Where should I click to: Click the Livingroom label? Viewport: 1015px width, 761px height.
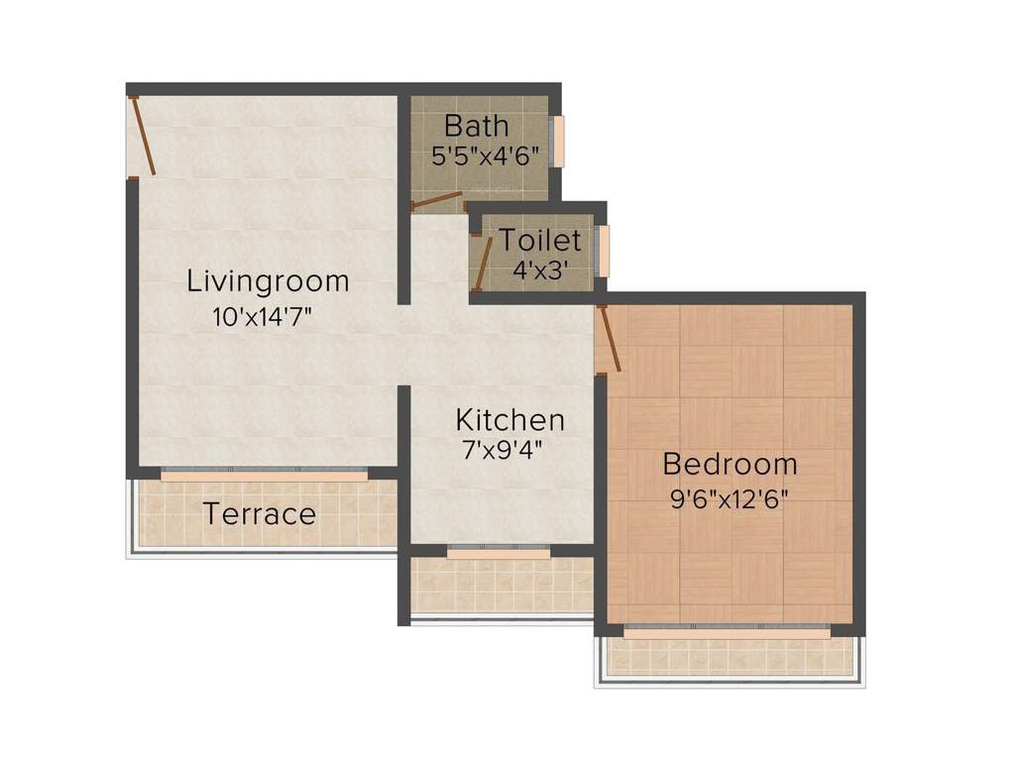tap(268, 281)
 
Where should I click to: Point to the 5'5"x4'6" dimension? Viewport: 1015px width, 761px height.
tap(485, 156)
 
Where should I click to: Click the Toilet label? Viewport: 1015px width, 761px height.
tap(539, 240)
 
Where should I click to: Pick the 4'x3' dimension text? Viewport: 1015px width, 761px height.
tap(539, 269)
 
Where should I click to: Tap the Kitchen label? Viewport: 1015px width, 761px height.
tap(509, 419)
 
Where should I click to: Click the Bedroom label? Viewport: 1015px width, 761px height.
tap(730, 464)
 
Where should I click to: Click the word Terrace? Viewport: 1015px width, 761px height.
tap(260, 514)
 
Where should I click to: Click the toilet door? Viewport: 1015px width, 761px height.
tap(483, 262)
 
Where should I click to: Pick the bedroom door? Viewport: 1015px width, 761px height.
tap(609, 340)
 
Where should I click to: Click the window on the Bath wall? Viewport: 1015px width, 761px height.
tap(558, 142)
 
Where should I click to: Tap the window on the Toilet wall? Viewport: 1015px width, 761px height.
tap(603, 252)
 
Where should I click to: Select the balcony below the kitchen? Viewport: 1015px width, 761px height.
tap(502, 587)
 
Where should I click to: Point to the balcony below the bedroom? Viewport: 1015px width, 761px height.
tap(729, 656)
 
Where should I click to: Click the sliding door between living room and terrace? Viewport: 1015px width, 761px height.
tap(264, 476)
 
